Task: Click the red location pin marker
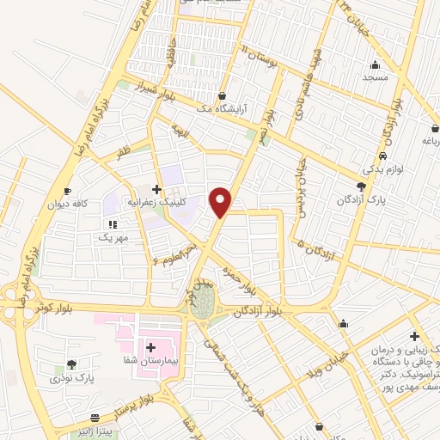[x=221, y=201]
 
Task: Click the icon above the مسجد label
[x=375, y=65]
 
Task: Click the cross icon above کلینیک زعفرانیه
[x=156, y=188]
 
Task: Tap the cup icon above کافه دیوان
[x=68, y=191]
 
